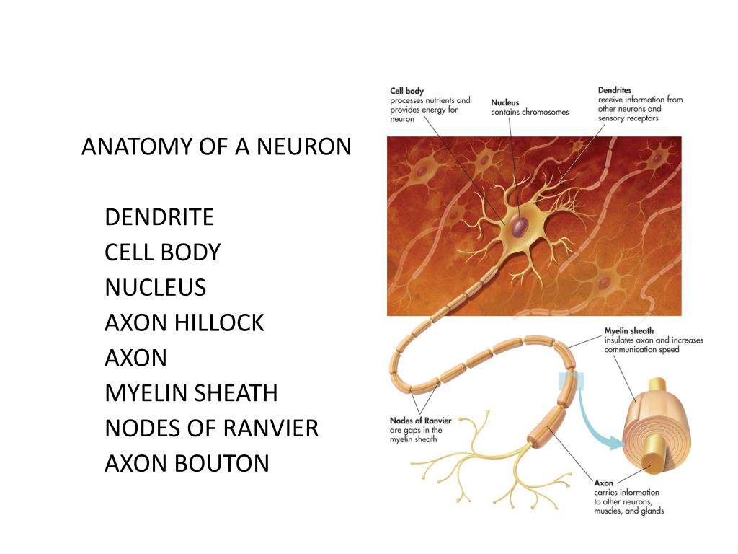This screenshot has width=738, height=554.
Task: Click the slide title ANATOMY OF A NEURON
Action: click(x=216, y=146)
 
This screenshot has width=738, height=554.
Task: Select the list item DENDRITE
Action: click(x=159, y=216)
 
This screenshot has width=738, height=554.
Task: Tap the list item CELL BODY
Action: click(x=162, y=252)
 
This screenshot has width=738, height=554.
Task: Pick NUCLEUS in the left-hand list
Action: click(x=155, y=287)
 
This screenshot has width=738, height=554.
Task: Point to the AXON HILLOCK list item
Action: click(x=184, y=322)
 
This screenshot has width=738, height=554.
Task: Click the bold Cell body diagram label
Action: click(x=406, y=91)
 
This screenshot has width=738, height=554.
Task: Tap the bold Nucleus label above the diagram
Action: click(x=504, y=102)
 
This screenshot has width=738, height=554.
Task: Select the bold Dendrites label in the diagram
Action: click(x=615, y=90)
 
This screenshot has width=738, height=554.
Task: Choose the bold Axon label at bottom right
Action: click(x=603, y=483)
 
